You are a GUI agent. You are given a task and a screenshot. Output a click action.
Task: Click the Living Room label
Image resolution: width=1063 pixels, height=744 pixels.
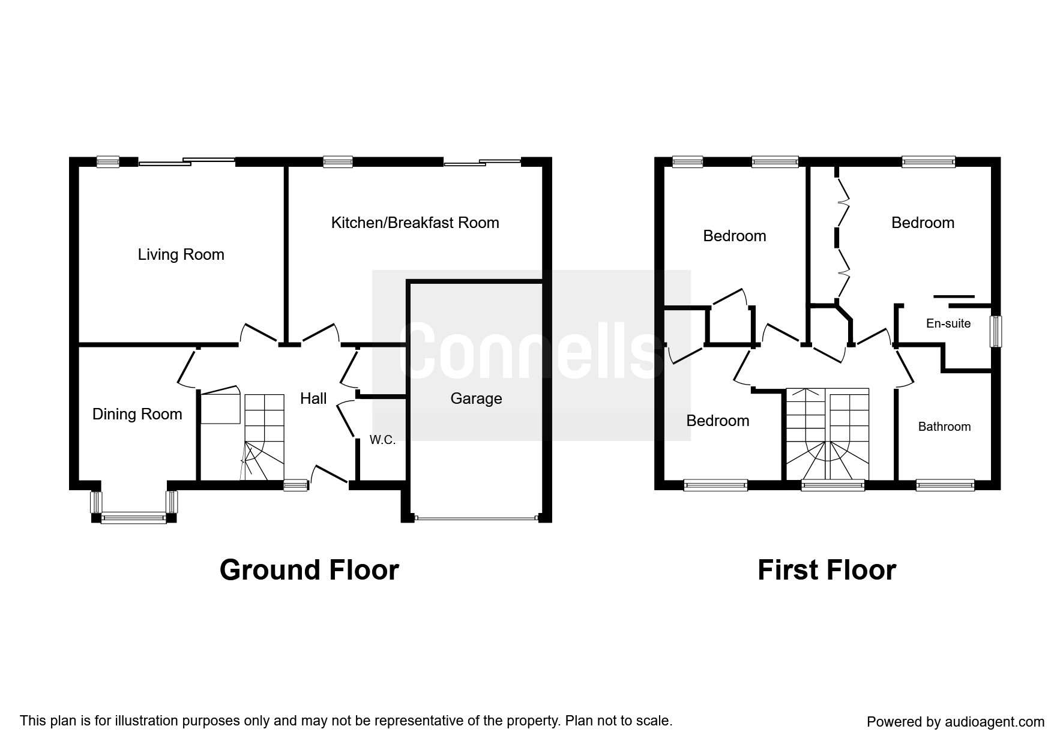(181, 254)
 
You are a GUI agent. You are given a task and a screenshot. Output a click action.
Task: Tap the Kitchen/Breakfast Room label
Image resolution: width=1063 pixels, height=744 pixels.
(415, 223)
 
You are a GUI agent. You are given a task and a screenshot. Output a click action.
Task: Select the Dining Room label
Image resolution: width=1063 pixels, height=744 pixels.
(137, 414)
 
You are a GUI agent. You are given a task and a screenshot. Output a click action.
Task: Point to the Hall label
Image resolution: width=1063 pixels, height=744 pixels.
(313, 398)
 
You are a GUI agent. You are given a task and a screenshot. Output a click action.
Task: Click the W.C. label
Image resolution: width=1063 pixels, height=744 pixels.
(382, 440)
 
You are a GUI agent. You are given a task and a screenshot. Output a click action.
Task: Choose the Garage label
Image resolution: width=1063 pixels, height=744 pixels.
(476, 398)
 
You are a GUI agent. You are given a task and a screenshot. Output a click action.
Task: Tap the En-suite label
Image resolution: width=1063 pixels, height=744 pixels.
(948, 323)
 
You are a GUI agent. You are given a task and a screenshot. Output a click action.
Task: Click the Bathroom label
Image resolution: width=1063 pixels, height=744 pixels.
(944, 427)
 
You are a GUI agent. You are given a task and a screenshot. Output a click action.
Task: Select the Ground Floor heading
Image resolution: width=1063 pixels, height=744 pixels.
(309, 570)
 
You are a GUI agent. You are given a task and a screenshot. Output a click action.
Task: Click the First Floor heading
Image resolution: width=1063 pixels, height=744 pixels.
(827, 570)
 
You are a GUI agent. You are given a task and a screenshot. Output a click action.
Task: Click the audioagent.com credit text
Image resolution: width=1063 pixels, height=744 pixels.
(956, 722)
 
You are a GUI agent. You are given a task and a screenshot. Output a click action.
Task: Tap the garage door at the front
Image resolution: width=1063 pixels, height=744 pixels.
(477, 518)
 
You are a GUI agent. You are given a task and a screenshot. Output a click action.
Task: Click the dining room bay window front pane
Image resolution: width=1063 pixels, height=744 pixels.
(133, 518)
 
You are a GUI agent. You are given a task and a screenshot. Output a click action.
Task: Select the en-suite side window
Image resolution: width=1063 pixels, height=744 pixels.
(996, 331)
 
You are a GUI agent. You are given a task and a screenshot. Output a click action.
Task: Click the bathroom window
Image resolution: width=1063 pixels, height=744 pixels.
(945, 485)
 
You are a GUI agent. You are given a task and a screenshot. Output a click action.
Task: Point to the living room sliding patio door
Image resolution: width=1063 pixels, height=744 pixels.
(187, 161)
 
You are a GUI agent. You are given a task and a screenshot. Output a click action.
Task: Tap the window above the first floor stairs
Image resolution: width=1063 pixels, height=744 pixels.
(833, 485)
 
